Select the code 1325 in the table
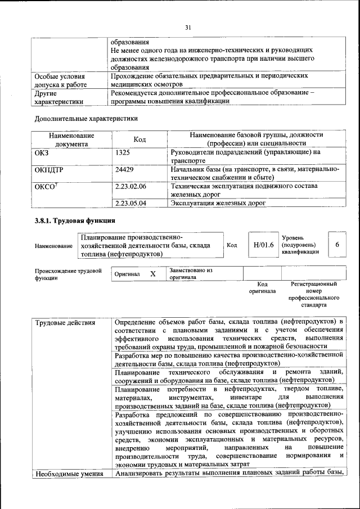[123, 152]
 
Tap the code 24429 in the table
[125, 169]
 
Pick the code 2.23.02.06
[130, 186]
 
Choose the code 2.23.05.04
[130, 203]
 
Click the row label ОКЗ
[42, 152]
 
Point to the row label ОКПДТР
[49, 169]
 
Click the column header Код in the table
[139, 139]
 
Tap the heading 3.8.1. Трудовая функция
[75, 221]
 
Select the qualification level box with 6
[337, 245]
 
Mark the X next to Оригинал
[152, 274]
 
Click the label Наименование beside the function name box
[53, 246]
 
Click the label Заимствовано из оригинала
[190, 274]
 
